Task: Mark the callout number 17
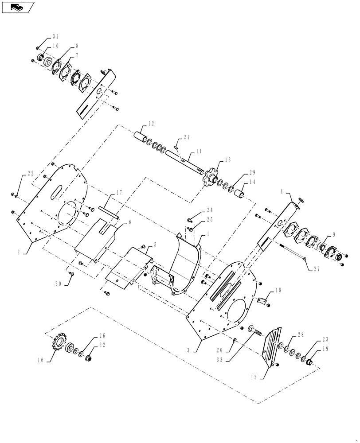click(x=119, y=193)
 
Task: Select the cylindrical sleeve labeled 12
click(x=141, y=133)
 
